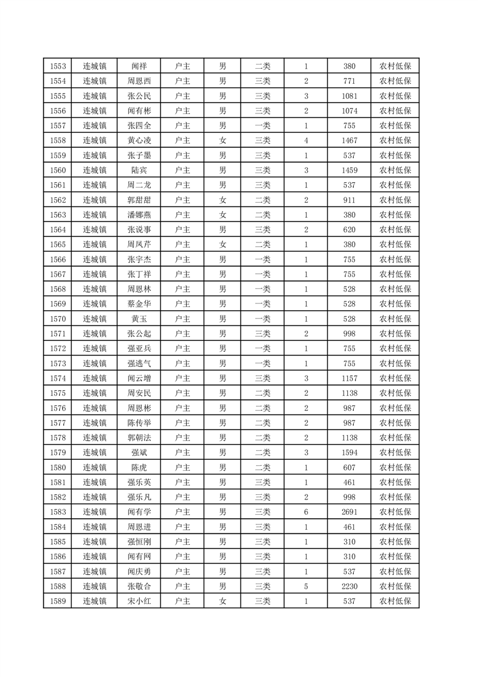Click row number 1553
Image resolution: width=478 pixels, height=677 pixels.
point(57,66)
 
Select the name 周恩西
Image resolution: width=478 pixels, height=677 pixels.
point(139,81)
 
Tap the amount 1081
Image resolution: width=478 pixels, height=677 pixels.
point(349,97)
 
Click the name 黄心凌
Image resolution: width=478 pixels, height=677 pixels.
point(139,141)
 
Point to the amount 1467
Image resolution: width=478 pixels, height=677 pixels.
point(349,141)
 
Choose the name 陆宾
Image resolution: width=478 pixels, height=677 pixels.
point(139,171)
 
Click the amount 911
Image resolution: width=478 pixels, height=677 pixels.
point(349,200)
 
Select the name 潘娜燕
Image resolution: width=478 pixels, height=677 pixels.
point(139,215)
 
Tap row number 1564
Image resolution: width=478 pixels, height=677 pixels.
point(57,230)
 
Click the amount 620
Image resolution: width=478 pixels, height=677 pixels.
point(349,230)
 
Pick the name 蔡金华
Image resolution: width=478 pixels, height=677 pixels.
point(139,304)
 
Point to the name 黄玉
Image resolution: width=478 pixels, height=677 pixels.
point(139,319)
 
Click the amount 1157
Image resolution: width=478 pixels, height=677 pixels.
point(349,378)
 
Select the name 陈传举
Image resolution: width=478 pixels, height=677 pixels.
point(139,423)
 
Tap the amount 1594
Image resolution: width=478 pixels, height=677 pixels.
point(349,453)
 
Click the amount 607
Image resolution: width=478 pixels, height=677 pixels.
point(349,468)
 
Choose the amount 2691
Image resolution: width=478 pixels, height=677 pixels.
point(349,512)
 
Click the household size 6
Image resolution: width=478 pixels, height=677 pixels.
point(306,512)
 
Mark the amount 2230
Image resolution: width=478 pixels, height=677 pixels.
point(349,586)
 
